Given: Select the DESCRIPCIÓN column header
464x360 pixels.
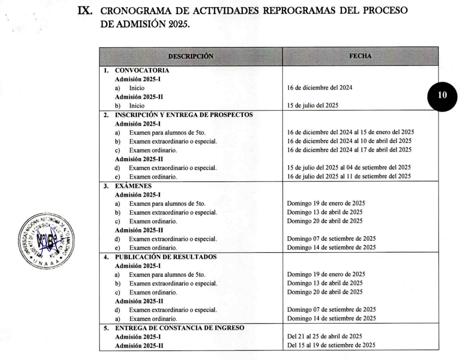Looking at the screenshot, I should tap(190, 56).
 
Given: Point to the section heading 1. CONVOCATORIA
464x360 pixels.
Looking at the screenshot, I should tap(137, 70).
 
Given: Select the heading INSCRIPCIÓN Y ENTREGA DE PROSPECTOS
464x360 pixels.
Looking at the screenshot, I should tap(184, 115).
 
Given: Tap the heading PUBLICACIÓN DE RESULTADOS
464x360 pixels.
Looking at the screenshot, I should tap(166, 257).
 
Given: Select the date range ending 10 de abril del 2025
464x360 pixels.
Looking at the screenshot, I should tap(349, 141).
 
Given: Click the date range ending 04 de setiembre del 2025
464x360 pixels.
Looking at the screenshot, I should tap(349, 167).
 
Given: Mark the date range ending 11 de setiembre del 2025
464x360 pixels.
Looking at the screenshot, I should tap(349, 176).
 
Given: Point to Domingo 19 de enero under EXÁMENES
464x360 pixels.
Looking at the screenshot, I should tap(326, 203).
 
